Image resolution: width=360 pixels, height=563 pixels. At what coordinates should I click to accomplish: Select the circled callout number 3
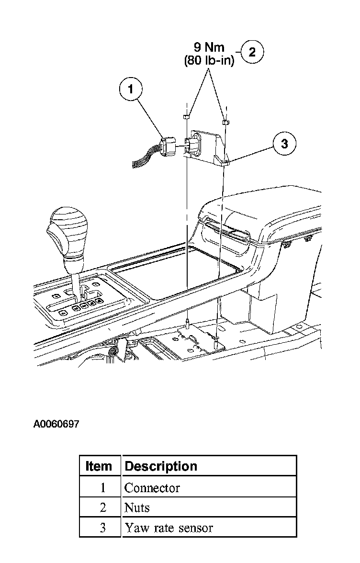[284, 143]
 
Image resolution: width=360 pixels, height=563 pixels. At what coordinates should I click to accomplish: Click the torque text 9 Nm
[209, 48]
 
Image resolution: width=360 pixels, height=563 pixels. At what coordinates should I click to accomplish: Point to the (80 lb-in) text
[209, 61]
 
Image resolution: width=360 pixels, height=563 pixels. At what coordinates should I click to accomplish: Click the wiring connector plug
[168, 146]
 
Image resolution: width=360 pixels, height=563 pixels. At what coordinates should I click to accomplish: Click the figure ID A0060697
[56, 424]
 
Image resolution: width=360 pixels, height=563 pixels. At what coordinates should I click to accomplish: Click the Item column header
[99, 466]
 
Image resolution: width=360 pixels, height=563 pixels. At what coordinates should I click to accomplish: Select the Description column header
[161, 466]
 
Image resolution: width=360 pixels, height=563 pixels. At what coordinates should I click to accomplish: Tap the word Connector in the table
[152, 488]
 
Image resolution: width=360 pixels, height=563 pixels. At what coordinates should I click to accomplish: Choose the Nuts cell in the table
[137, 508]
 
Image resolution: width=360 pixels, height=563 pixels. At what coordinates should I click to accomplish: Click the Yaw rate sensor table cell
[169, 528]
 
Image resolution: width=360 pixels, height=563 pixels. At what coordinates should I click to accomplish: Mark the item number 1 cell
[102, 488]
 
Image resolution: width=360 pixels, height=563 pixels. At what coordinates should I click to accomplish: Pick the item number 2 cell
[102, 508]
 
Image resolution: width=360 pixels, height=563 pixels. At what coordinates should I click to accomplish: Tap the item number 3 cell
[102, 528]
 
